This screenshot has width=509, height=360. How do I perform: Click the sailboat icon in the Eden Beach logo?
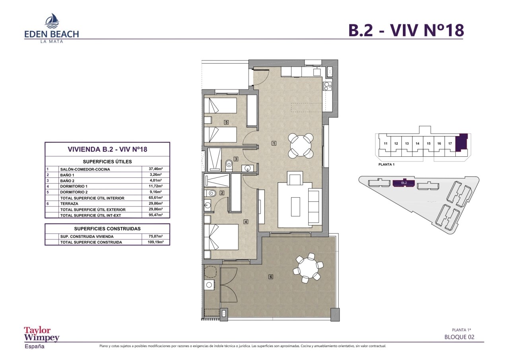52,20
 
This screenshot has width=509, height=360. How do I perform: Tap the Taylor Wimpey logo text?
42,335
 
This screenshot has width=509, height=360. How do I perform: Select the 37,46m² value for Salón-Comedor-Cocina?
155,169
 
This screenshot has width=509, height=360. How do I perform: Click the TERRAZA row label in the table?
69,204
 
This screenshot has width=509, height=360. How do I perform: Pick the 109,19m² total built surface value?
155,242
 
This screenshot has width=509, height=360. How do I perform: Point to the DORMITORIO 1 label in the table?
74,186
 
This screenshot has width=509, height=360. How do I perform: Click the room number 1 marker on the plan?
274,143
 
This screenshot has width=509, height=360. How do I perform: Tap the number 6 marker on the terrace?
271,277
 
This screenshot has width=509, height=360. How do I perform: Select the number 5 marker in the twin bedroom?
226,122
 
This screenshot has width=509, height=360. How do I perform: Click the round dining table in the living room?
301,146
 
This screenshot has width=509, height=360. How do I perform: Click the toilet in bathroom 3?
229,165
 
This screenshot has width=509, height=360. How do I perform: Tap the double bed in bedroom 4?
221,237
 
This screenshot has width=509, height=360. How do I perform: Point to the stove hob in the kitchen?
327,86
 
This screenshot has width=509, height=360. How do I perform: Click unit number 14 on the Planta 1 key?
418,144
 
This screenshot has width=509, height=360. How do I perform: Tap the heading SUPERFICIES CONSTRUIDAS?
107,229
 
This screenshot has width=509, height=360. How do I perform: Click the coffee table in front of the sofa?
295,206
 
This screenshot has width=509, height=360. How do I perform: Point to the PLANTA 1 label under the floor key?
386,165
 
